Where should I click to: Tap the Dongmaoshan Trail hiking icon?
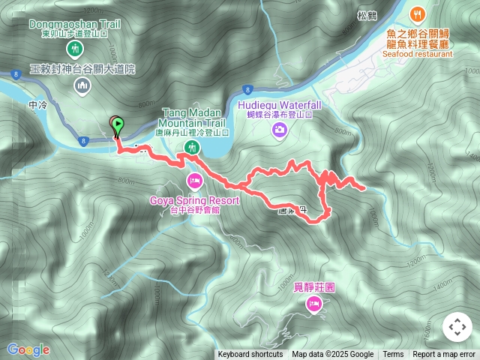click(73, 49)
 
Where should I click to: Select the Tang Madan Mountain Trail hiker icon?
click(192, 146)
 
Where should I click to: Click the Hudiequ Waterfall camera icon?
click(279, 131)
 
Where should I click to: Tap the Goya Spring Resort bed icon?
click(194, 181)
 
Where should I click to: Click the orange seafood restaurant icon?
click(418, 13)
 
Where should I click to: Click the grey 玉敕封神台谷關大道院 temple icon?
click(82, 87)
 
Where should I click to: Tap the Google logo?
click(28, 349)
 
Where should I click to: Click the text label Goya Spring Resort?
click(194, 200)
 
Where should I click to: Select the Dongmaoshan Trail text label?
click(74, 24)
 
